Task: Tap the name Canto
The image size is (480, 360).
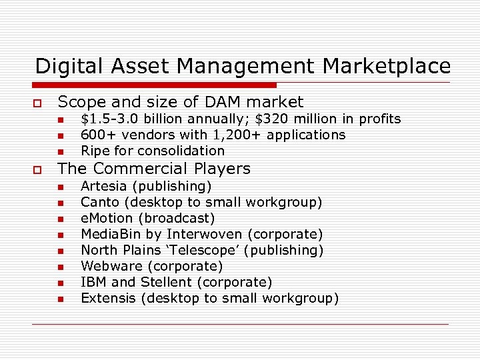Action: tap(100, 202)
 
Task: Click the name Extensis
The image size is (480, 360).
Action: tap(107, 298)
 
